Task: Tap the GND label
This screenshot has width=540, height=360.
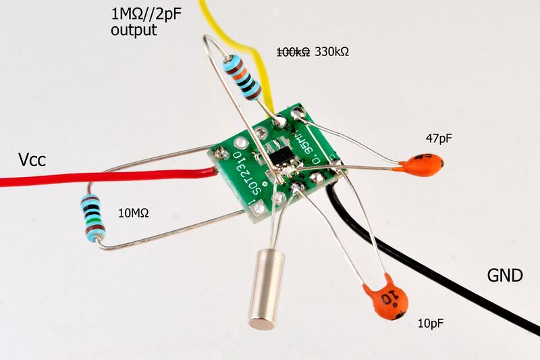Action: (505, 276)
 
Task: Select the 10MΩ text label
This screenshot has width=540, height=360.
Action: (133, 213)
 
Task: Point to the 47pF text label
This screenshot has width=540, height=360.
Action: (438, 138)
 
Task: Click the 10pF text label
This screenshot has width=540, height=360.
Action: (431, 324)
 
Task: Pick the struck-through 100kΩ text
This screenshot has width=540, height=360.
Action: (294, 51)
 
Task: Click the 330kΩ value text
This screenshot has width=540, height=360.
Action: (332, 51)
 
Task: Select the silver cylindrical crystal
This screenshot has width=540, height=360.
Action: (264, 289)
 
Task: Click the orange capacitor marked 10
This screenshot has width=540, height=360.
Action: (387, 299)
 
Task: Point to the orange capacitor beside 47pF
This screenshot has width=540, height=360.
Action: (420, 165)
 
